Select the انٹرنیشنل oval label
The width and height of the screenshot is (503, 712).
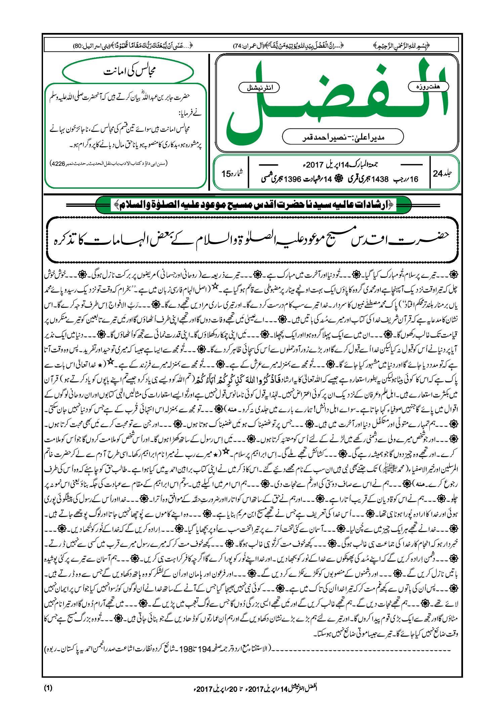click(259, 88)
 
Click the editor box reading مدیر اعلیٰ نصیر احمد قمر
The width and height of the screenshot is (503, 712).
click(343, 137)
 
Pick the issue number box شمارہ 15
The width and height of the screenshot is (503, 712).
click(232, 174)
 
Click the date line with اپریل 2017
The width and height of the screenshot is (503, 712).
click(339, 165)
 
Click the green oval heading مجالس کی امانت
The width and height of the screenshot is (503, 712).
click(128, 72)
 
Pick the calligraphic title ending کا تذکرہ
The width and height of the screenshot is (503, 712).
click(252, 239)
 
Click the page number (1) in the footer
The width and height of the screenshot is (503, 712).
click(48, 688)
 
